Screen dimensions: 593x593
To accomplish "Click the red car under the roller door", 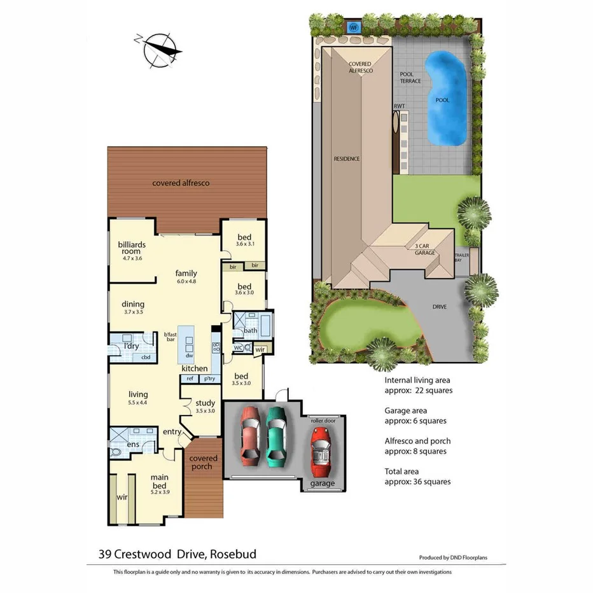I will (x=321, y=450).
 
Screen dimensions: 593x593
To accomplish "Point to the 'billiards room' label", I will (x=132, y=248).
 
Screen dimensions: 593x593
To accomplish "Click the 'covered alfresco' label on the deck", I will (x=181, y=183).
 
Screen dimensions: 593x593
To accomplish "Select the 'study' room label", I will (x=205, y=403).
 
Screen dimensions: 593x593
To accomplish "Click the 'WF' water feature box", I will (x=354, y=27).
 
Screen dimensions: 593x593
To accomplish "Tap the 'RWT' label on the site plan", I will (x=399, y=106).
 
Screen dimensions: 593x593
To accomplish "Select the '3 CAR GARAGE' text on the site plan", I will (x=425, y=249).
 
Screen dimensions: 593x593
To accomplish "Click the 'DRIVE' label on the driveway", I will (x=439, y=307).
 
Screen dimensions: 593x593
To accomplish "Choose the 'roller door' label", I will (x=323, y=421).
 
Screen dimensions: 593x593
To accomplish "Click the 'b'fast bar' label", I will (x=170, y=337).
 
